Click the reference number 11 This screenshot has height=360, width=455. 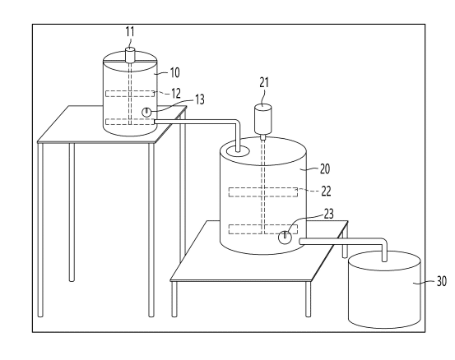130,31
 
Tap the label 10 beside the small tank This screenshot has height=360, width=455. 174,72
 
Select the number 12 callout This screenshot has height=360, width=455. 175,93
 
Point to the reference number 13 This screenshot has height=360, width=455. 199,99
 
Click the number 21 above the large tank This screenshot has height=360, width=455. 264,83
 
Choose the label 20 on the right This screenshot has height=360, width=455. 325,168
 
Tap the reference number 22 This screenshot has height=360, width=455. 326,191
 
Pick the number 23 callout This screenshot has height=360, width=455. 328,214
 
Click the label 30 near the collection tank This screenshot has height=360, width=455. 441,281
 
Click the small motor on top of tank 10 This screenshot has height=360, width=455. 130,55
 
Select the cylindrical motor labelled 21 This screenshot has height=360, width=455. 263,119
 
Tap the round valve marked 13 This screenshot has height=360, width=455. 146,112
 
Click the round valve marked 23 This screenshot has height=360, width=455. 285,238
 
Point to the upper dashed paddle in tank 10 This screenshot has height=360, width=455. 130,94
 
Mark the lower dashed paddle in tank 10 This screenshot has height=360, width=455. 130,122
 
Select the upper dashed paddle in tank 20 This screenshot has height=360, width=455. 263,192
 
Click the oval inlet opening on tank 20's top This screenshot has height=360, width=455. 238,151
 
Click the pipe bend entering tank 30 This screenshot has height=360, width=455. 383,242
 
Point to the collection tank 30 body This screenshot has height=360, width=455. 384,290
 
